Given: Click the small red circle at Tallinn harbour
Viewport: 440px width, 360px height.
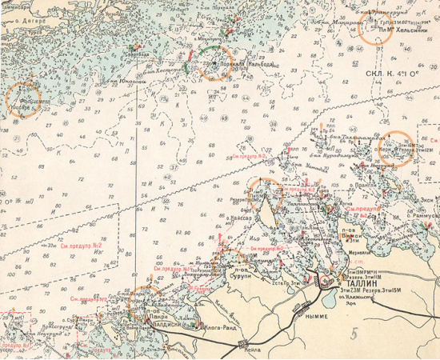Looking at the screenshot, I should [326, 282].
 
